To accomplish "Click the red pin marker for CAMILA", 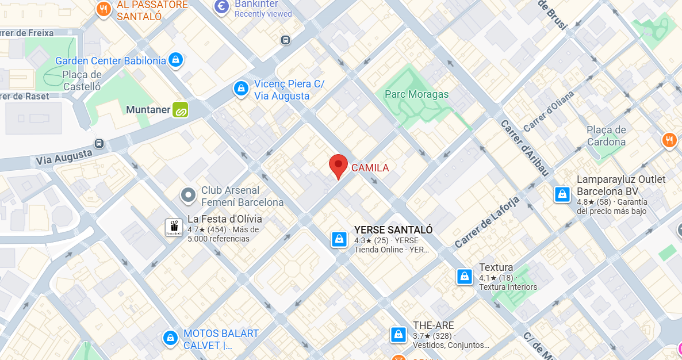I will coord(338,166).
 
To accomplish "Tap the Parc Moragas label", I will coord(416,94).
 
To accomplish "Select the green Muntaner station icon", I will coord(181,109).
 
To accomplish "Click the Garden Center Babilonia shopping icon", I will coord(175,59).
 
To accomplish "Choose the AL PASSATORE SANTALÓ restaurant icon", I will coord(104,9).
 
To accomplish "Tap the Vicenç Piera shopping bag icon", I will coord(241,89).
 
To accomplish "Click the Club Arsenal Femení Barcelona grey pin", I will coord(188,196).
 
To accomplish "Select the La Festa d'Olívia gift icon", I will coord(174,227).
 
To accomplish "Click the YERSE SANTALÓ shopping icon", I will coord(340,239).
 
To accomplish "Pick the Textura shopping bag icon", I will coord(464,277).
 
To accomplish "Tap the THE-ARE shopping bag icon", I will coord(398,334).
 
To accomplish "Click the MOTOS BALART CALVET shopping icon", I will coord(170,338).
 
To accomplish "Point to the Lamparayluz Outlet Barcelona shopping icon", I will coord(562,194).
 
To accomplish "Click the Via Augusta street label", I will coord(64,156).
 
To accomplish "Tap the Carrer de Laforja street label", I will coord(487,222).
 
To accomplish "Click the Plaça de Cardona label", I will coord(606,136).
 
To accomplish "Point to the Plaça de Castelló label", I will coord(82,81).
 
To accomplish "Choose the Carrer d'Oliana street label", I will coord(549,111).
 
